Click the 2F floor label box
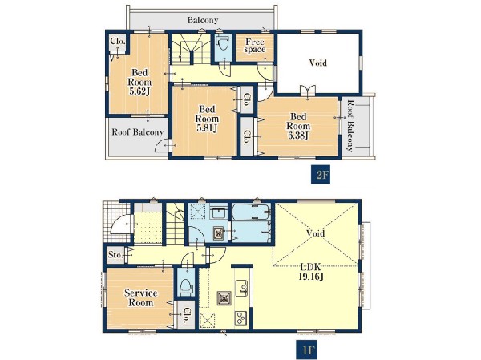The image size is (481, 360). pyautogui.click(x=321, y=175)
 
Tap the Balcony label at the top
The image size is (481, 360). pyautogui.click(x=203, y=20)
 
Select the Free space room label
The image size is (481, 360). pyautogui.click(x=255, y=46)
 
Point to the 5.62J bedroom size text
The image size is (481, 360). pyautogui.click(x=139, y=91)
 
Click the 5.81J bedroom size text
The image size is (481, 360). pyautogui.click(x=207, y=128)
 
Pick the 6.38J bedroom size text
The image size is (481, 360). pyautogui.click(x=298, y=136)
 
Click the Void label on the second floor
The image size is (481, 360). pyautogui.click(x=317, y=63)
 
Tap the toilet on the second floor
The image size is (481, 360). pyautogui.click(x=223, y=45)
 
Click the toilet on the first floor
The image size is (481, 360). pyautogui.click(x=186, y=286)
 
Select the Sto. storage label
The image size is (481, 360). pyautogui.click(x=115, y=254)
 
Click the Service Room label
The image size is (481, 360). pyautogui.click(x=141, y=297)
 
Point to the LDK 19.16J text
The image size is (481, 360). pyautogui.click(x=311, y=272)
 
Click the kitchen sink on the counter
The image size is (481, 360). pyautogui.click(x=241, y=288)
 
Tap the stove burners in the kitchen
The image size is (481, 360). pyautogui.click(x=240, y=318)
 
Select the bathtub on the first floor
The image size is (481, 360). pyautogui.click(x=251, y=212)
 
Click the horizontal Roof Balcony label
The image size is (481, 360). pyautogui.click(x=137, y=132)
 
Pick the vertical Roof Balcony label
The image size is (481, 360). pyautogui.click(x=350, y=125)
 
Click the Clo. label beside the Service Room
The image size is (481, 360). pyautogui.click(x=186, y=315)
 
